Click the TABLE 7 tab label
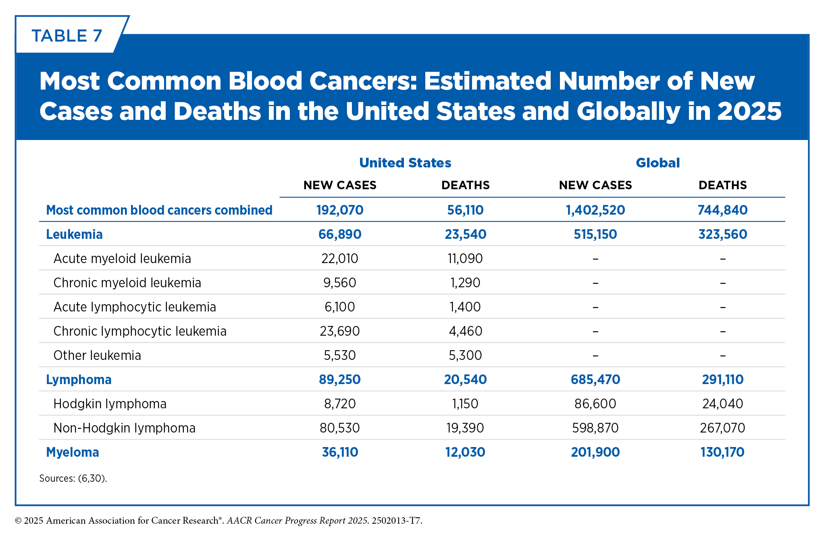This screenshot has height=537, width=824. coord(67,36)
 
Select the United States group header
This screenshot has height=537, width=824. coord(405,163)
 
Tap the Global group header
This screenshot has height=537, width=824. coord(658,163)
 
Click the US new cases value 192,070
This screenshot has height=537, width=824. coord(340,210)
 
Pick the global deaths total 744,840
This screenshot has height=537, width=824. coord(722,210)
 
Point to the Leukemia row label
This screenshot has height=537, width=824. coord(74,234)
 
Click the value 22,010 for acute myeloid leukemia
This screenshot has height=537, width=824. coord(340,259)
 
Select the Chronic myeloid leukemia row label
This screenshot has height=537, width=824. coord(127,283)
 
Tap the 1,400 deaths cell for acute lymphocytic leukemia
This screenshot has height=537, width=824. coord(465,307)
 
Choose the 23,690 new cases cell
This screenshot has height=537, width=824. coord(340,331)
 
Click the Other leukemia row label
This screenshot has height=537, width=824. coord(97,355)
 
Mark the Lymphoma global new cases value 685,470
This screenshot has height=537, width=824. coord(595,380)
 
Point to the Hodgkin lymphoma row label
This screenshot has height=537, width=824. coord(110,404)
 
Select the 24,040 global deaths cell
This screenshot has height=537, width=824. coord(722,404)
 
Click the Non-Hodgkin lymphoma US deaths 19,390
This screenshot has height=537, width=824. coord(465,428)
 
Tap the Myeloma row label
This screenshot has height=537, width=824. coord(73,452)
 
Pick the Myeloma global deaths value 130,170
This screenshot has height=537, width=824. coord(722,452)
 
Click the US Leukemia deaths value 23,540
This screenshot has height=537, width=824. coord(465,234)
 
